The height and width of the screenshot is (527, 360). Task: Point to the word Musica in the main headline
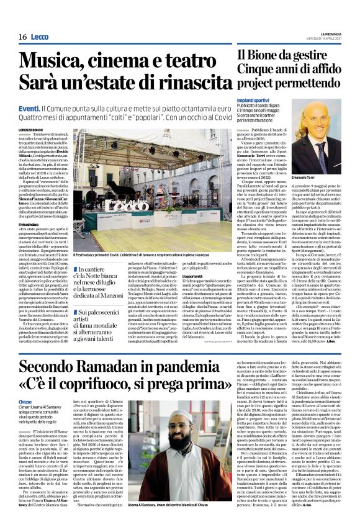click(50, 61)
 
